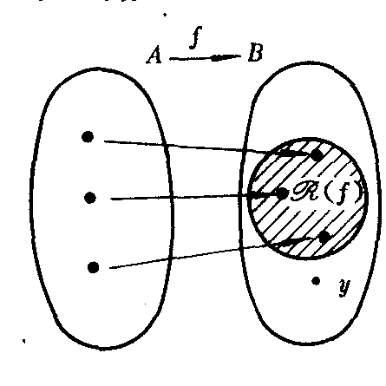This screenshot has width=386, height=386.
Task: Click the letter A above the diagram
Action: click(154, 55)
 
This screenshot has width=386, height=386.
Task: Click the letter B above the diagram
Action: click(255, 52)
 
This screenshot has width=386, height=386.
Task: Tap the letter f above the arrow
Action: click(196, 37)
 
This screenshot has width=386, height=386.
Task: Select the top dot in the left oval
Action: click(88, 137)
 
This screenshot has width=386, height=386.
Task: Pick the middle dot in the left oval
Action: click(90, 198)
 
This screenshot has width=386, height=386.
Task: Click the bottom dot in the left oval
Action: click(93, 267)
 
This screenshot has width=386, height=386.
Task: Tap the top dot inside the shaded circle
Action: click(317, 155)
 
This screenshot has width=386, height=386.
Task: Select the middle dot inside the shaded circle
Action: click(282, 193)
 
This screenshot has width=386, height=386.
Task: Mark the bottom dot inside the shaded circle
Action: click(324, 237)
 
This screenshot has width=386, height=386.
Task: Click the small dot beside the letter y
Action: click(316, 281)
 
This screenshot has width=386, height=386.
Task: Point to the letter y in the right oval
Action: click(344, 287)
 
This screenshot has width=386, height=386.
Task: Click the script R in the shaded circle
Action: click(305, 193)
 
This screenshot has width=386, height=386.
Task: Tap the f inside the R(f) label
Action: click(343, 193)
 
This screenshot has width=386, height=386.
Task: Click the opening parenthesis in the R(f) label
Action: click(329, 193)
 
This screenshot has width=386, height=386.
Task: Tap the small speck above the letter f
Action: click(165, 14)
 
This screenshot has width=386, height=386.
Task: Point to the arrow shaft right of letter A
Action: click(190, 59)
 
